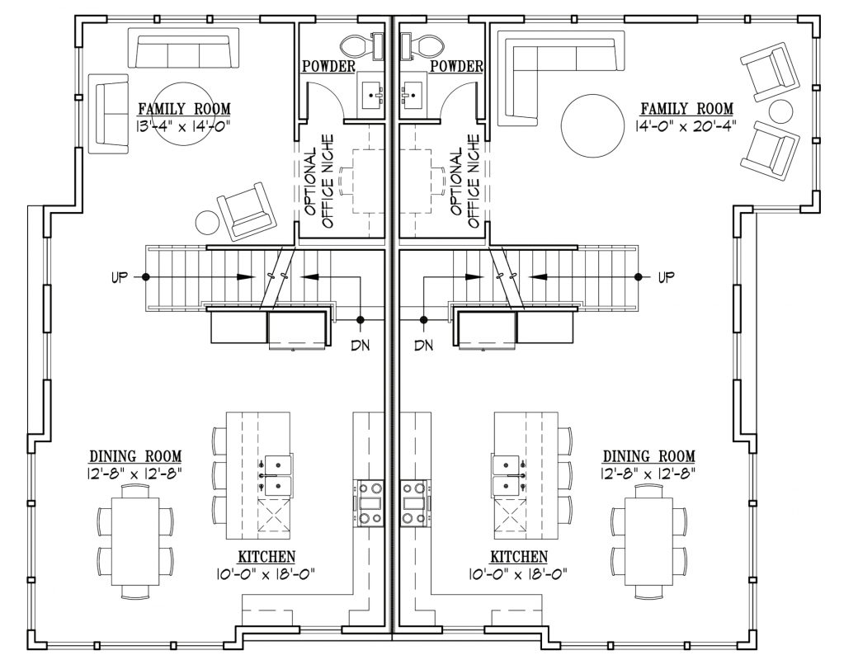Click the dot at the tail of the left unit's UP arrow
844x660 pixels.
[145, 276]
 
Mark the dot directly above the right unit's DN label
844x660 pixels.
[424, 320]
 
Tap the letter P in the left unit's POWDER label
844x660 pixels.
[307, 66]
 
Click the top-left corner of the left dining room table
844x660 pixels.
[111, 497]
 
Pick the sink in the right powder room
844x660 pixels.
[413, 96]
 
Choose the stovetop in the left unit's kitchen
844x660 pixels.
[368, 503]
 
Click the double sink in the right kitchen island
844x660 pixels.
[507, 474]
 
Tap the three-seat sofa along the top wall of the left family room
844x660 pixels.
[183, 49]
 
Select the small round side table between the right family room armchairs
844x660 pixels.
[780, 111]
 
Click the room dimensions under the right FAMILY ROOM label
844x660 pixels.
[687, 125]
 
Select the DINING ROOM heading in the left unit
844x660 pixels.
[135, 457]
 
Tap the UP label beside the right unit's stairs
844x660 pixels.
[666, 277]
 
